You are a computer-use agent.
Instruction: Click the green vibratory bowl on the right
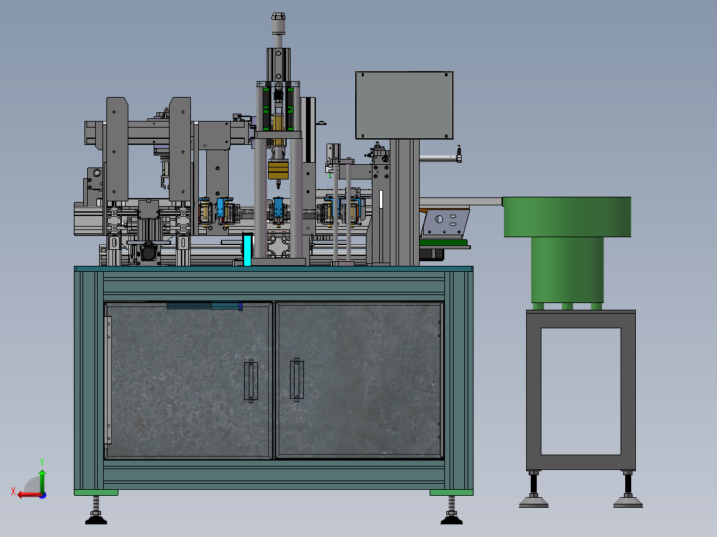click(567, 217)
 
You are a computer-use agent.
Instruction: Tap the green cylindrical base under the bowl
click(567, 270)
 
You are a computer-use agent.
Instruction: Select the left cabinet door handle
click(251, 381)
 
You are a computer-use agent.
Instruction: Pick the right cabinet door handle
click(297, 379)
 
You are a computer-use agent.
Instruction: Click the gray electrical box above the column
click(404, 105)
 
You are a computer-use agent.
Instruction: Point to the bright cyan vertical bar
click(247, 249)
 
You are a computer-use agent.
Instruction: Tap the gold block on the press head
click(278, 169)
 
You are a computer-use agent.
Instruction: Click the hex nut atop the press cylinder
click(278, 17)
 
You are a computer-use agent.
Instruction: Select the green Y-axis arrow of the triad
click(42, 480)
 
